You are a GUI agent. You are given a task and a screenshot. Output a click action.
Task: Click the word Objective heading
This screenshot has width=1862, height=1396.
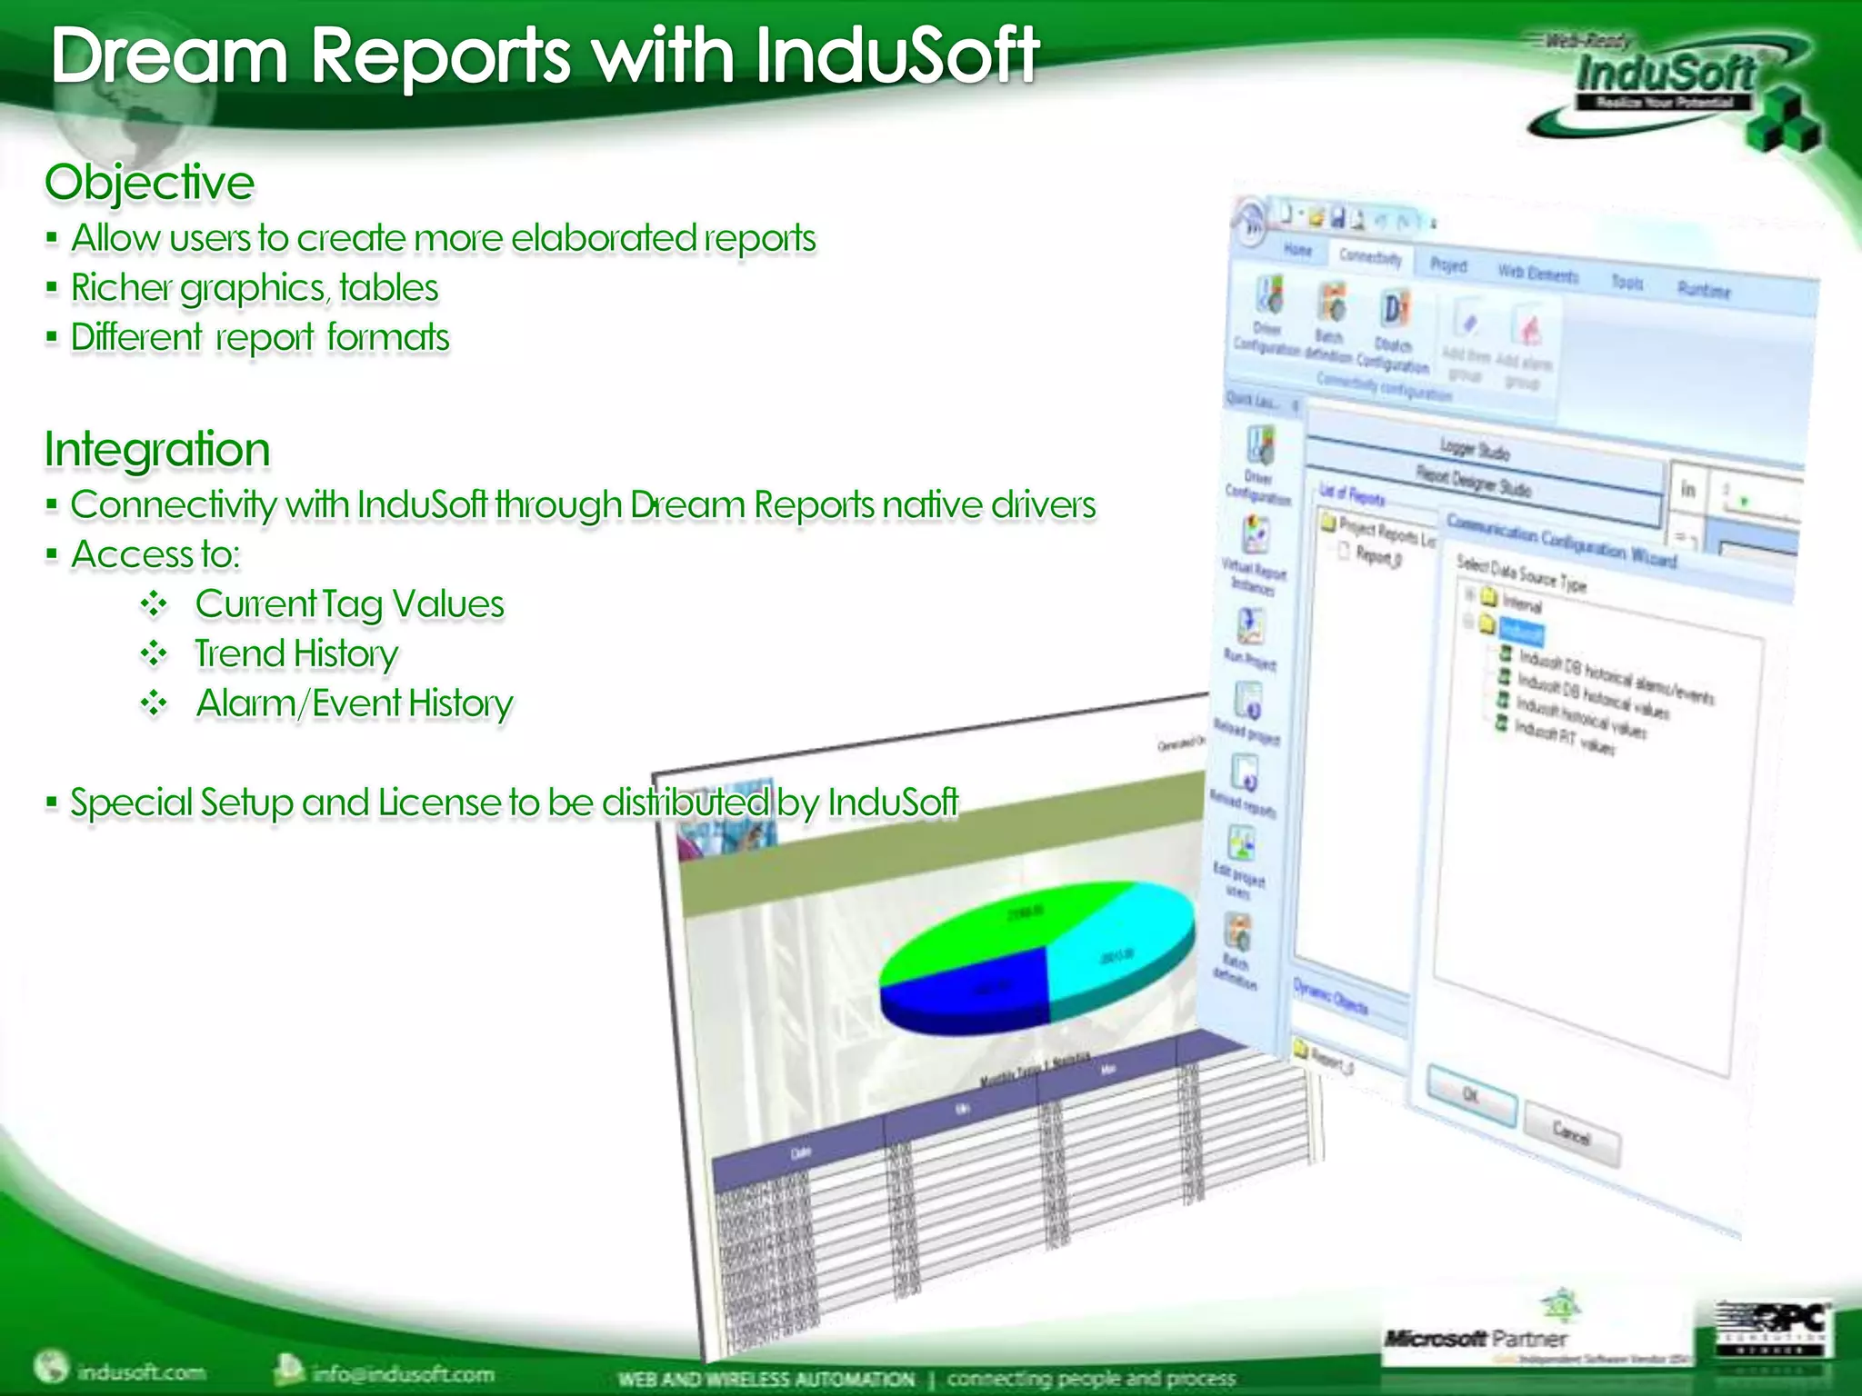(150, 183)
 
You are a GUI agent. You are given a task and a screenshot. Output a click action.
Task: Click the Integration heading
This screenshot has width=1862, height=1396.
(157, 449)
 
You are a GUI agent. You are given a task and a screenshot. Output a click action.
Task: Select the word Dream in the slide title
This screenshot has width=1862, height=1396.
(169, 56)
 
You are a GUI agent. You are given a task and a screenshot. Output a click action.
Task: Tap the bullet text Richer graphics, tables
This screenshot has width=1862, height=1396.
(255, 288)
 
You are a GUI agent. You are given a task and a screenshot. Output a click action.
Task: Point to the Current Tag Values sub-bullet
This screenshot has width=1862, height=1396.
(349, 604)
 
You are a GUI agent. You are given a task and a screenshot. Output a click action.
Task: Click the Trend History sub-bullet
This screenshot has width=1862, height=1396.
(296, 653)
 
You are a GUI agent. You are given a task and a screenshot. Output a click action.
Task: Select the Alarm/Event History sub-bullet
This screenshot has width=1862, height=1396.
(355, 703)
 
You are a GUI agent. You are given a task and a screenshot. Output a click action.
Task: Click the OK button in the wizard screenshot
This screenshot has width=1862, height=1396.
(1471, 1096)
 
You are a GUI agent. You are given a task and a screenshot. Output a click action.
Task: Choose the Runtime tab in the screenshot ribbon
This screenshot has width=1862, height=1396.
(1704, 289)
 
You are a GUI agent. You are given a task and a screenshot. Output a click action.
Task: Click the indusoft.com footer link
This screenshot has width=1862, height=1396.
(141, 1371)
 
